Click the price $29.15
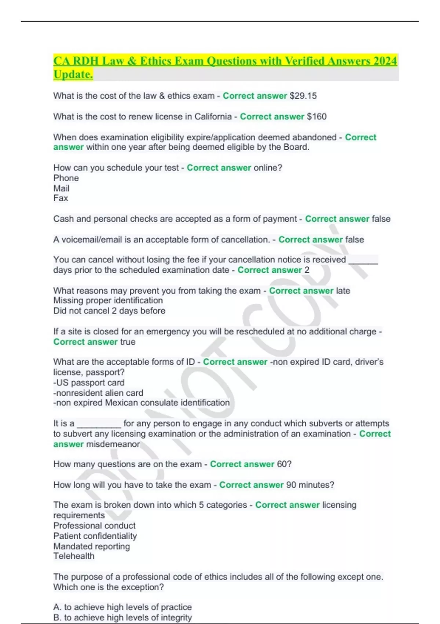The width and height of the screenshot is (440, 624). (303, 96)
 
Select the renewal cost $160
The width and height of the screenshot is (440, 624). (317, 117)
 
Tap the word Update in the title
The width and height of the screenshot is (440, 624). (73, 74)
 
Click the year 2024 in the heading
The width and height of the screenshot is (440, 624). (385, 61)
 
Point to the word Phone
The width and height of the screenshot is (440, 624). (66, 178)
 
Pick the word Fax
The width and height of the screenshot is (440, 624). (61, 198)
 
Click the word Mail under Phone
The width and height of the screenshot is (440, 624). (61, 188)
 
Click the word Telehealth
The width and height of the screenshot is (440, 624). (74, 556)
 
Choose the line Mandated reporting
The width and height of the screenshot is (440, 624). (92, 546)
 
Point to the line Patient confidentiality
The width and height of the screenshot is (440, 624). (95, 536)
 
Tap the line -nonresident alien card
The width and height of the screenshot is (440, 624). (98, 393)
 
